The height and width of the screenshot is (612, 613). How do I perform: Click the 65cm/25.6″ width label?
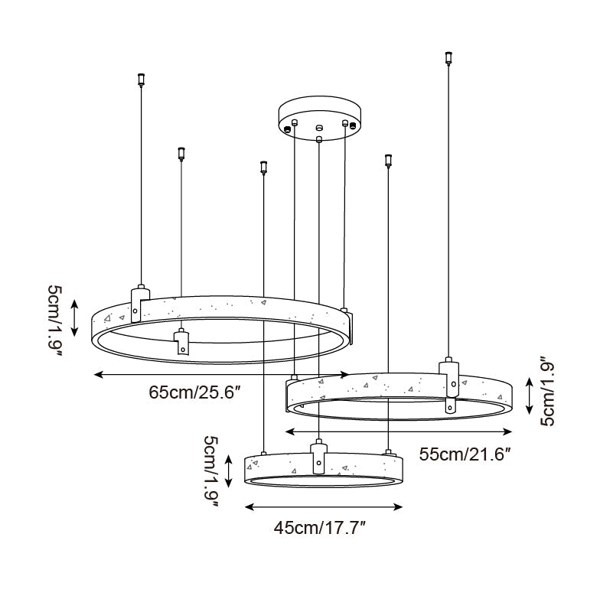[x=195, y=392]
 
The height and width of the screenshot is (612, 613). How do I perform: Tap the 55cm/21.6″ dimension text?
[x=465, y=453]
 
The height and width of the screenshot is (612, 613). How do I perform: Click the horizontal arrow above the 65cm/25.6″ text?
[x=221, y=374]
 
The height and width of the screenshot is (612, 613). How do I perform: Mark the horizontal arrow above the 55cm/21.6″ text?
[x=398, y=430]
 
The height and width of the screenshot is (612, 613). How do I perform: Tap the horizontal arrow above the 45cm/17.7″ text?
[x=323, y=506]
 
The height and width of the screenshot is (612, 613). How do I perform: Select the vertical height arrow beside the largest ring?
[x=75, y=318]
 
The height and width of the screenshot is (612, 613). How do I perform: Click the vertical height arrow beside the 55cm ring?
[x=530, y=394]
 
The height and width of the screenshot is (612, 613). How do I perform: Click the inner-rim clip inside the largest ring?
[x=182, y=341]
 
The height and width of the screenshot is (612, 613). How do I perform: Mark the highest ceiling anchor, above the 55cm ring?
[x=448, y=57]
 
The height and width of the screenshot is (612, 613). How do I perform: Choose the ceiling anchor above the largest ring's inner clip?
[x=181, y=153]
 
